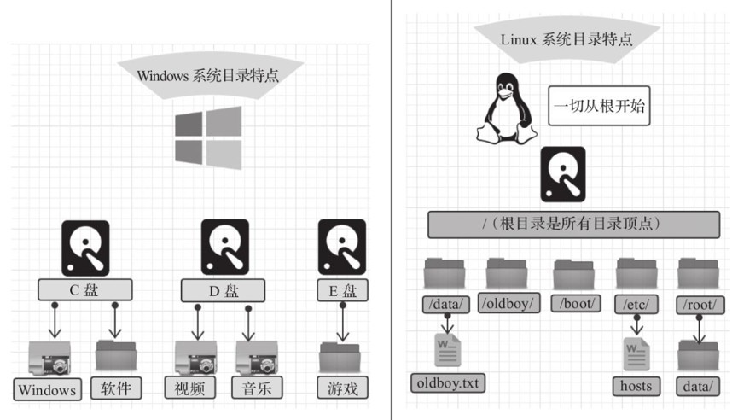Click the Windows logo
click(208, 137)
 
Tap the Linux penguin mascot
click(507, 108)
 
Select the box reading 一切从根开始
click(599, 106)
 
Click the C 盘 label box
click(85, 290)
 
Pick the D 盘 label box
click(223, 290)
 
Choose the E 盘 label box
click(343, 290)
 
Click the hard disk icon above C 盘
click(85, 248)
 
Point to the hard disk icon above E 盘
click(342, 247)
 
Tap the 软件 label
click(116, 388)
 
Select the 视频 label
click(190, 388)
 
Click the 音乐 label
click(257, 388)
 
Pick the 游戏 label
click(343, 388)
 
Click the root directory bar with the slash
click(573, 225)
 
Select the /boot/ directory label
click(577, 303)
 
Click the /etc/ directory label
click(636, 304)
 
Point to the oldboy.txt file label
click(448, 382)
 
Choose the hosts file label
click(636, 386)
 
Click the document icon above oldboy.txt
click(448, 349)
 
